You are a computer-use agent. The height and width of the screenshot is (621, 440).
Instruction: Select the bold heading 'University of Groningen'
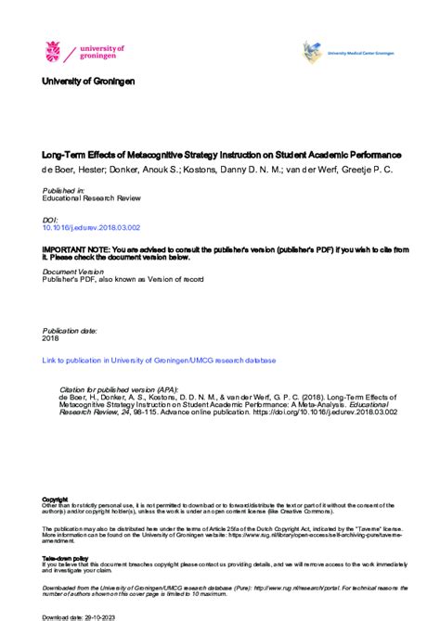coord(88,82)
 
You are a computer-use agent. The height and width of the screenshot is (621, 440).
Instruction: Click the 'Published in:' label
coord(63,190)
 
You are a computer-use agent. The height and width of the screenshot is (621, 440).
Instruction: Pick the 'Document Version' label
coord(73,272)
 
